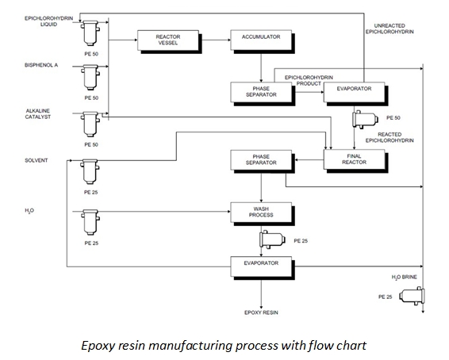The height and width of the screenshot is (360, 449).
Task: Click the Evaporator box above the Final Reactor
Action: [349, 92]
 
